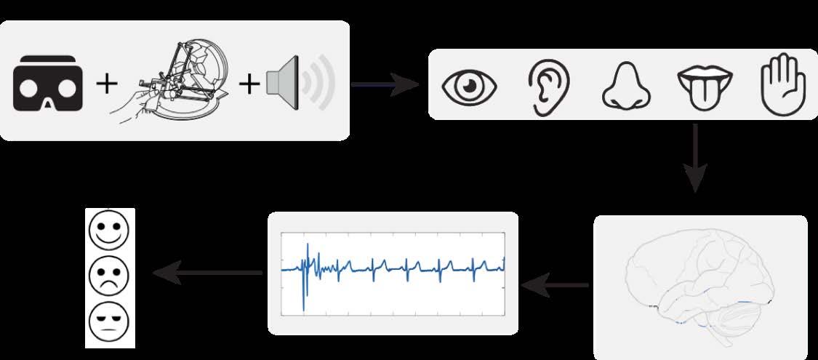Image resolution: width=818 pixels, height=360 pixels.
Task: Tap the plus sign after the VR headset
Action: point(107,85)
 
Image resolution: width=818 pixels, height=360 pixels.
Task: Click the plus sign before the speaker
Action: point(249,85)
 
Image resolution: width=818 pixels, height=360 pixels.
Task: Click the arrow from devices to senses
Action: point(385,84)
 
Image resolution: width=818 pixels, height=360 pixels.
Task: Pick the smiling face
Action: point(108,229)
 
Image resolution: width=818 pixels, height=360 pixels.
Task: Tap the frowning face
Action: point(108,274)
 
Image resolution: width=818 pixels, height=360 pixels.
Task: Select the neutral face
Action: point(108,320)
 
